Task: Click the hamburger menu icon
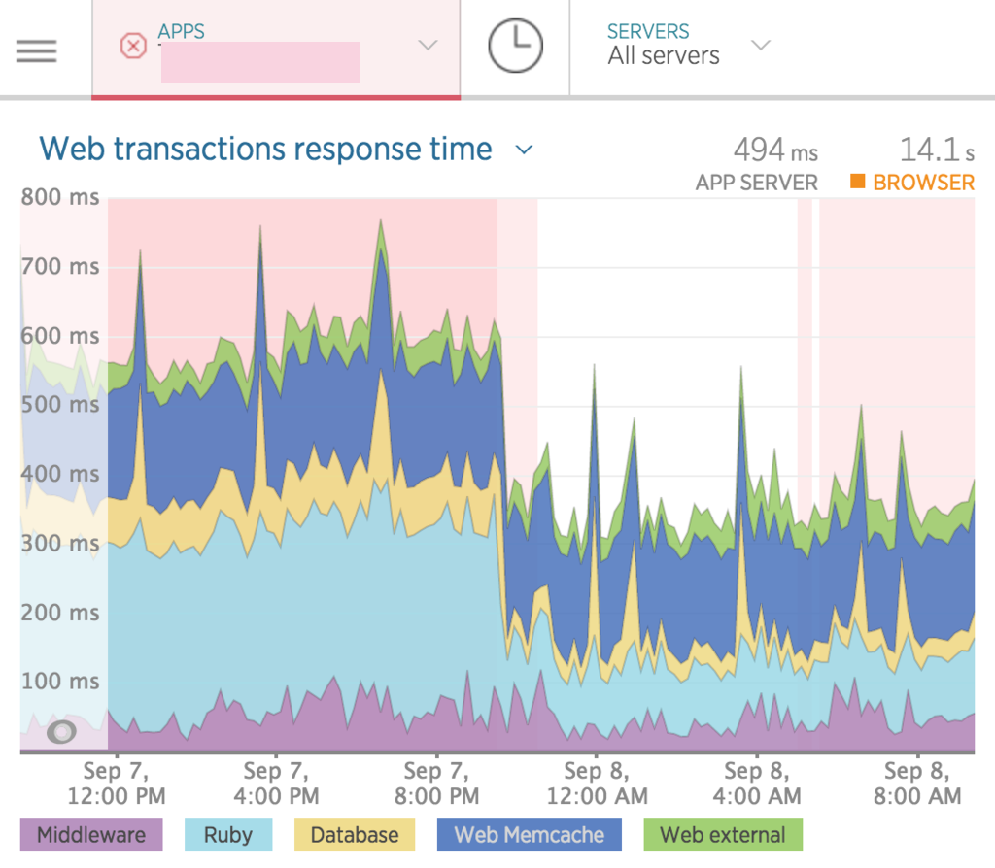coord(36,50)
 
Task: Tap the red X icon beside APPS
coord(132,47)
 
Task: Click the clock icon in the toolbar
coord(514,47)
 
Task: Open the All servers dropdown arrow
coord(761,46)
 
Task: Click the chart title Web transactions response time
coord(265,150)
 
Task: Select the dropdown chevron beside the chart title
coord(524,150)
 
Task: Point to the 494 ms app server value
coord(775,150)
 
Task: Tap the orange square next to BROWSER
coord(857,182)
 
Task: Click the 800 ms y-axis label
coord(60,197)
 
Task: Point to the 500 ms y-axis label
coord(60,405)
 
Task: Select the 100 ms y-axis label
coord(60,682)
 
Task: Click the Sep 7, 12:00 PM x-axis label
coord(116,784)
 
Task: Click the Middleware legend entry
coord(90,835)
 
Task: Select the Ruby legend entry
coord(229,835)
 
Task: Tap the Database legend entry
coord(354,835)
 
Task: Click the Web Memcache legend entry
coord(529,835)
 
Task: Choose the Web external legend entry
coord(723,835)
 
